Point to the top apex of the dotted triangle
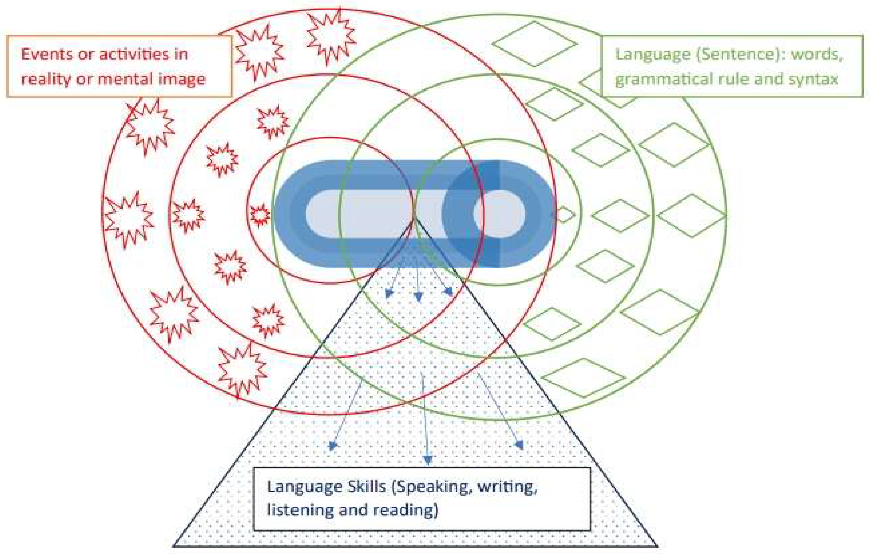(x=415, y=218)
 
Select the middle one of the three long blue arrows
(x=425, y=420)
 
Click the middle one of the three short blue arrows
(x=418, y=286)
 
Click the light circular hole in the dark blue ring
(x=500, y=214)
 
